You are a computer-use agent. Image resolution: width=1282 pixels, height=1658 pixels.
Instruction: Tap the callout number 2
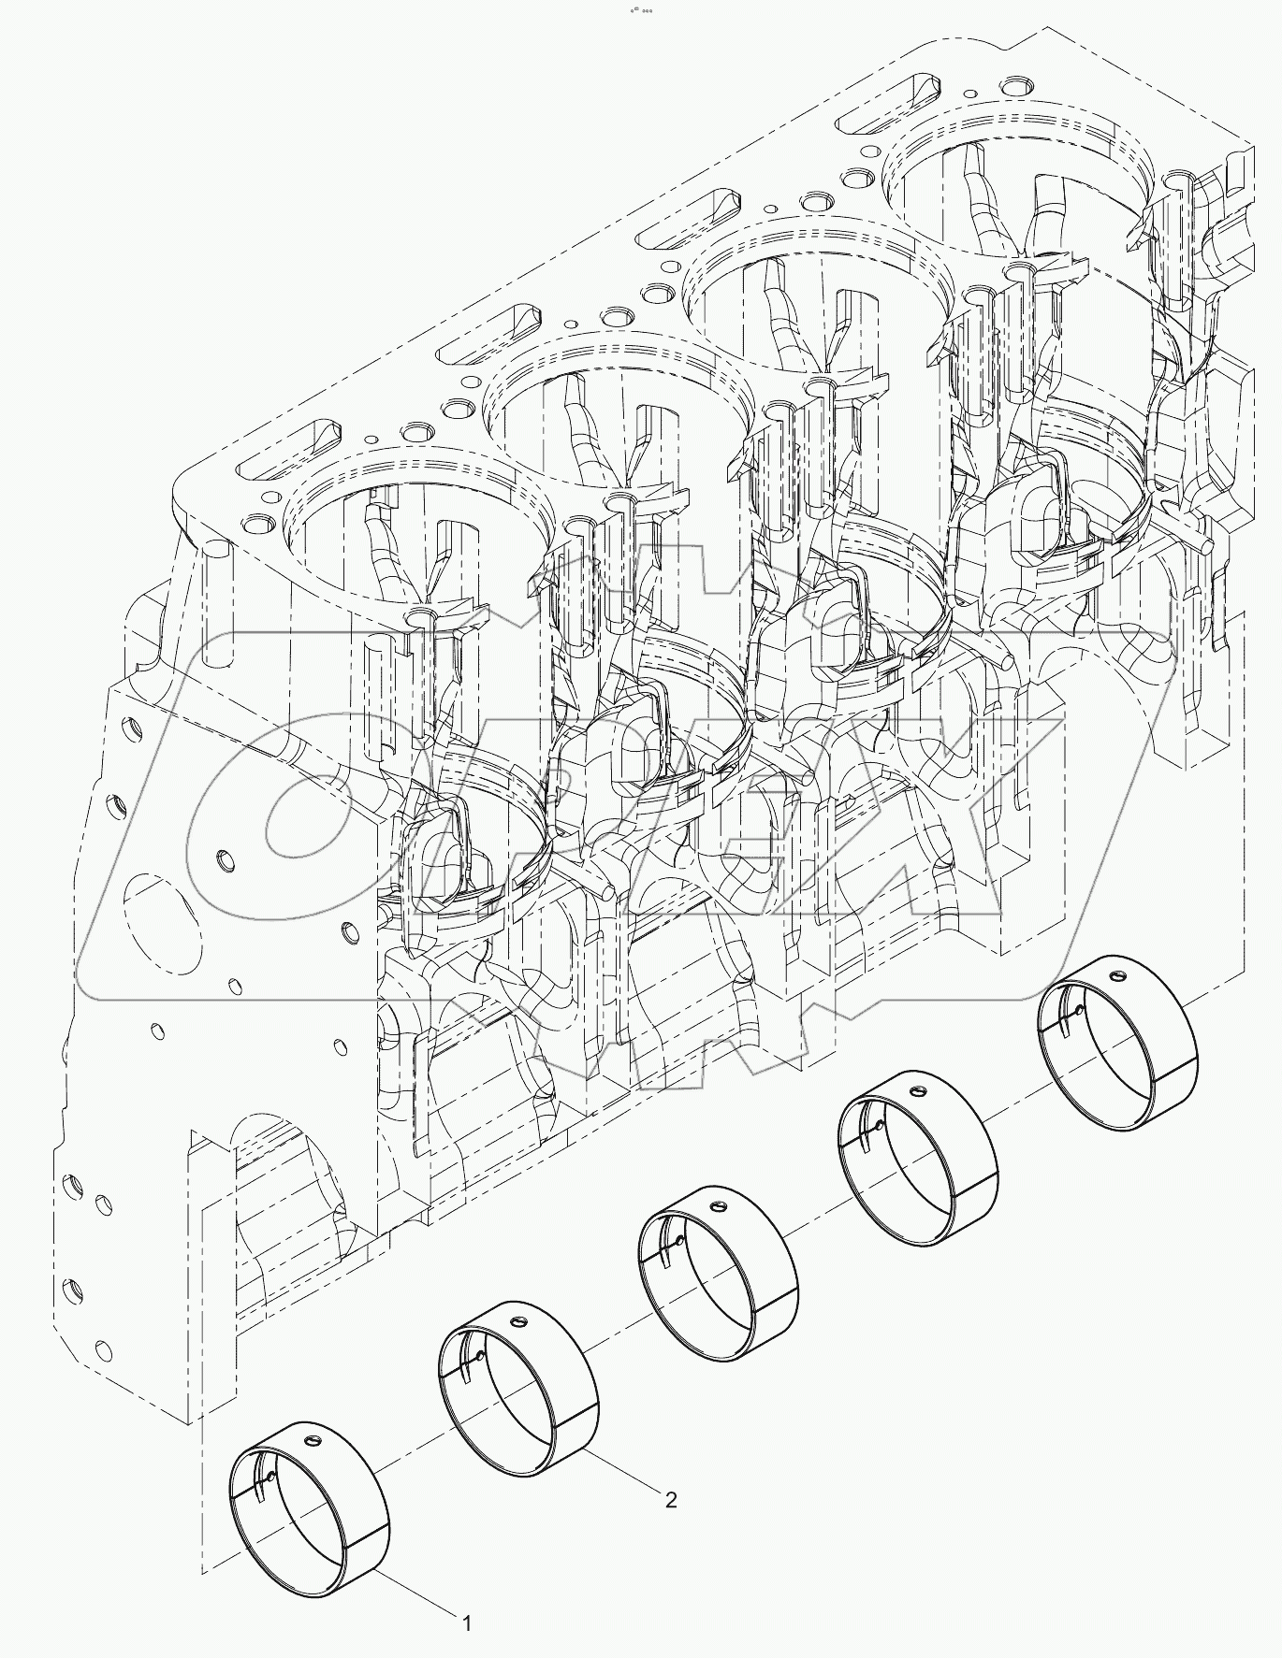point(669,1525)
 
